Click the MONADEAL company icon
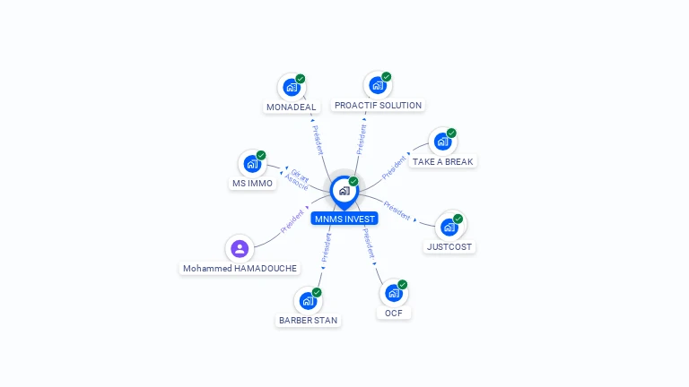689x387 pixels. (x=291, y=88)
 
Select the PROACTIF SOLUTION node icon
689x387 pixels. (x=377, y=86)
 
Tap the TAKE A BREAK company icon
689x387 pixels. (x=442, y=142)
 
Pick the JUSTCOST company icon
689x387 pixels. (x=449, y=227)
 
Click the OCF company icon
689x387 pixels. (x=393, y=293)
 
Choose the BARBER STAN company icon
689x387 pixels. (x=307, y=301)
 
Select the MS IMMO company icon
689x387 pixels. (x=252, y=164)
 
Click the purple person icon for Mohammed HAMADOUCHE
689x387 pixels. (x=240, y=249)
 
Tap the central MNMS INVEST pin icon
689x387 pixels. (x=344, y=191)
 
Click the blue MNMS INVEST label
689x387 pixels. (x=344, y=219)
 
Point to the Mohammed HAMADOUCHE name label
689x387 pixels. (x=240, y=269)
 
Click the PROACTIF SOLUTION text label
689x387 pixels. (x=378, y=106)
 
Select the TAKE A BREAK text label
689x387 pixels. (x=442, y=162)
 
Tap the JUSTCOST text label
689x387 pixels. (x=449, y=246)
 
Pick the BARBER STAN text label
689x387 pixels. (x=308, y=320)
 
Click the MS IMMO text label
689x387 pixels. (x=252, y=184)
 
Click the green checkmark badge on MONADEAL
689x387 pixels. (x=301, y=79)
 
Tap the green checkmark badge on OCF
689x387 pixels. (x=403, y=284)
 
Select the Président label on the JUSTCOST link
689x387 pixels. (x=396, y=211)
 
